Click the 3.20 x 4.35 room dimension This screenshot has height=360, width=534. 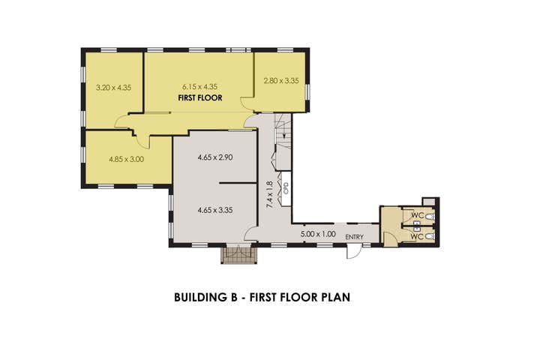pyautogui.click(x=113, y=88)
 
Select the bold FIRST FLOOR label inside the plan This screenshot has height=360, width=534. pyautogui.click(x=200, y=98)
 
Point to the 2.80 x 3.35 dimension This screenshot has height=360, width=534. pyautogui.click(x=281, y=81)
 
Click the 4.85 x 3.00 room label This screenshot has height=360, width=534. pyautogui.click(x=126, y=159)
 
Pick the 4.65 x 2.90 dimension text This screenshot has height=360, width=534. pyautogui.click(x=215, y=157)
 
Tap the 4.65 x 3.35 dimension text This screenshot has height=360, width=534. pyautogui.click(x=215, y=210)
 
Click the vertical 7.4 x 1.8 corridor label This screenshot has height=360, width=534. pyautogui.click(x=269, y=195)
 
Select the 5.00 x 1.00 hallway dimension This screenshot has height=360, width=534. pyautogui.click(x=318, y=234)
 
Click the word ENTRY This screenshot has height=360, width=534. pyautogui.click(x=355, y=237)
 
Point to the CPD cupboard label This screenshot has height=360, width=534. pyautogui.click(x=286, y=188)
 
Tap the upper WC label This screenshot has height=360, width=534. pyautogui.click(x=417, y=215)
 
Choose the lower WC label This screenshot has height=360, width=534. pyautogui.click(x=417, y=236)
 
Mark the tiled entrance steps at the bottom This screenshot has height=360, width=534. pyautogui.click(x=238, y=256)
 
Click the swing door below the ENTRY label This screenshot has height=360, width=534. pyautogui.click(x=353, y=252)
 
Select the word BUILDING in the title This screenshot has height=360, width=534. pyautogui.click(x=200, y=297)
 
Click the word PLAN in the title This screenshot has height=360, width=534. pyautogui.click(x=336, y=297)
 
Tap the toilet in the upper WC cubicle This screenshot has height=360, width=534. pyautogui.click(x=430, y=217)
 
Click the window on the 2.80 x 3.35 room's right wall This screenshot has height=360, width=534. pyautogui.click(x=307, y=93)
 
